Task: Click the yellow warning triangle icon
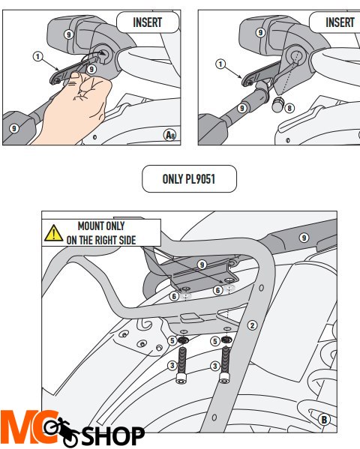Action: pos(53,233)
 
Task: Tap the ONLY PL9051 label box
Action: pos(189,178)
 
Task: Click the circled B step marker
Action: pos(324,420)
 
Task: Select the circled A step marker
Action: pos(170,135)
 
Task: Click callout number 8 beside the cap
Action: pos(289,108)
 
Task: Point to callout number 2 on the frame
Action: pos(252,325)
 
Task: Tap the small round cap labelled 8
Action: pos(277,104)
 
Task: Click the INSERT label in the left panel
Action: pos(148,22)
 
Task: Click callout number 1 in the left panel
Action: pos(37,56)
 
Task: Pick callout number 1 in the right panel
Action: pos(220,64)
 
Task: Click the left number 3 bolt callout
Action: pos(172,365)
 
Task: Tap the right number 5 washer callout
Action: pos(215,341)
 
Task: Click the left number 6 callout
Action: pos(174,296)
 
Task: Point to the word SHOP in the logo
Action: pos(113,436)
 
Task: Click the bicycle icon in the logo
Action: pos(61,432)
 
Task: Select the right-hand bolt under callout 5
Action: pos(225,363)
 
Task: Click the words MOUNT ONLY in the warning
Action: pos(101,226)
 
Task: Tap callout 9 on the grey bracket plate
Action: pos(202,265)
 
